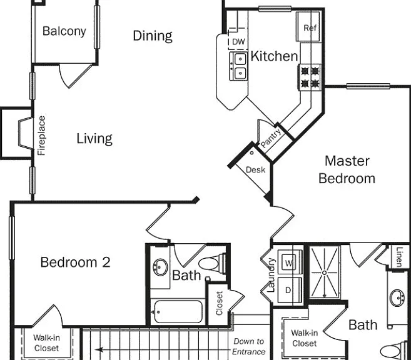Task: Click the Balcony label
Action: click(x=64, y=31)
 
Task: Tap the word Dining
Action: click(x=153, y=36)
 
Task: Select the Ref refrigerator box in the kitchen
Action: click(x=308, y=26)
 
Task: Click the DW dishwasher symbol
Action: click(x=238, y=41)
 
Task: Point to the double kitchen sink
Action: click(x=238, y=66)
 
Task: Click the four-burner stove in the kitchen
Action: click(x=310, y=77)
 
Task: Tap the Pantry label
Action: click(x=271, y=138)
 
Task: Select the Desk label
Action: click(x=255, y=170)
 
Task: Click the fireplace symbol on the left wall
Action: click(x=26, y=133)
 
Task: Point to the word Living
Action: click(x=94, y=139)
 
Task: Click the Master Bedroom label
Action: click(x=347, y=169)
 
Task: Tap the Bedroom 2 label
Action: click(x=76, y=262)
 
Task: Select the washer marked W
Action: click(x=290, y=262)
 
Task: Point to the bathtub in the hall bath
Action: click(x=178, y=312)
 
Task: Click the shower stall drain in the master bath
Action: click(x=324, y=273)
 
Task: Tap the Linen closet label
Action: click(x=399, y=257)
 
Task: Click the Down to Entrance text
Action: click(x=248, y=346)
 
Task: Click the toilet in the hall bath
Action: click(x=212, y=264)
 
